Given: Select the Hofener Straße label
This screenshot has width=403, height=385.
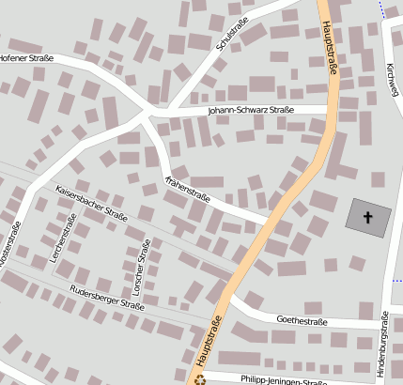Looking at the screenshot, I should tap(25, 57).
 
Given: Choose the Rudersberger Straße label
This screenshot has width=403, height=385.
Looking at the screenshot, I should tap(107, 297).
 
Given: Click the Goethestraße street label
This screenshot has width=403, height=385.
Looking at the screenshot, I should tap(302, 319).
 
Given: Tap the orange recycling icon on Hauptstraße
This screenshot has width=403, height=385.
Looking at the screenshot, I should tap(198, 379).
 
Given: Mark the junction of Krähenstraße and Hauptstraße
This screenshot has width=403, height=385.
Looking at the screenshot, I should tap(275, 224).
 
